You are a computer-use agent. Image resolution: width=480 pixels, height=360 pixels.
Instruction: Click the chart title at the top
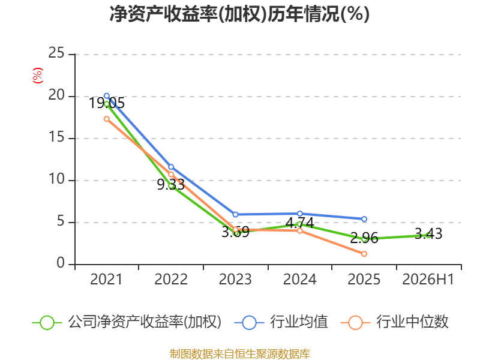(239, 14)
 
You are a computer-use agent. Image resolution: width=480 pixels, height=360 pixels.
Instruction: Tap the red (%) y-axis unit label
(37, 76)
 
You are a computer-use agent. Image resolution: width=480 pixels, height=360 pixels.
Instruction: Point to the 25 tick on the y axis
(56, 53)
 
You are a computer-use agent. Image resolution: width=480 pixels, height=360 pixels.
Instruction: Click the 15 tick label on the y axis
(56, 137)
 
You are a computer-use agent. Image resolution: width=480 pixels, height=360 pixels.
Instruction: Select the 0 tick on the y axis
(61, 263)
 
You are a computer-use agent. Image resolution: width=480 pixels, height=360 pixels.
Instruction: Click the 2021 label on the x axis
(106, 279)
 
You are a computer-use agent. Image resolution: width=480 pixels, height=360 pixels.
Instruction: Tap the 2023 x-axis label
(235, 279)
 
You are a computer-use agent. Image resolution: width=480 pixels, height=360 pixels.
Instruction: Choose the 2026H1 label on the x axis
(428, 279)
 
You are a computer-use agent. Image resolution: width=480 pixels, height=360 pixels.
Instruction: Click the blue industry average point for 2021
(107, 96)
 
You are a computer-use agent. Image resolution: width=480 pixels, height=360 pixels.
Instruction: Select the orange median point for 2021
(107, 119)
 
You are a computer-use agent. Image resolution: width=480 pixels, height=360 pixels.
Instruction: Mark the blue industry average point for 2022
(171, 167)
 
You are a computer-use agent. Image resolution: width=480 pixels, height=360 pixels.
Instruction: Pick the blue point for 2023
(235, 215)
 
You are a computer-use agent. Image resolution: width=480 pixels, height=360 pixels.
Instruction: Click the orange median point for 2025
(364, 254)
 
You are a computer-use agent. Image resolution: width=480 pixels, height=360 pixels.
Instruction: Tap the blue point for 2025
(364, 219)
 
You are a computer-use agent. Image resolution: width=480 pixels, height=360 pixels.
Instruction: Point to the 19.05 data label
(107, 103)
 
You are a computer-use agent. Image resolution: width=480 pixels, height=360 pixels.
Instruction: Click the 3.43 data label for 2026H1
(428, 234)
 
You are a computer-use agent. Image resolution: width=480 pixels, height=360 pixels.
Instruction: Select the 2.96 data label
(364, 238)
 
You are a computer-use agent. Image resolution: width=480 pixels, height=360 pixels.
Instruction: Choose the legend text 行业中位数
(412, 322)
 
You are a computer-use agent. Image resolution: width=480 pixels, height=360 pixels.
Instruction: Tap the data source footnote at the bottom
(240, 354)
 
